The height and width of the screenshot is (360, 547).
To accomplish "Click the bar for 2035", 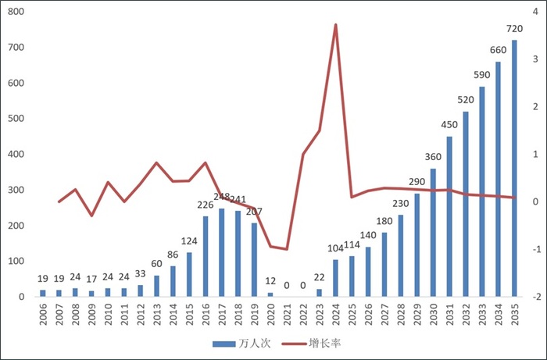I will [514, 168].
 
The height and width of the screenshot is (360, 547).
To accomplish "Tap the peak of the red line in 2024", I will [335, 25].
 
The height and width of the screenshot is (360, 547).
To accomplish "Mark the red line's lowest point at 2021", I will [287, 249].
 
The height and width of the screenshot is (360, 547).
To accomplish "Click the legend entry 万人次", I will [241, 344].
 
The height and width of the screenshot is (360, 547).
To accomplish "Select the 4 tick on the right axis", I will [533, 12].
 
